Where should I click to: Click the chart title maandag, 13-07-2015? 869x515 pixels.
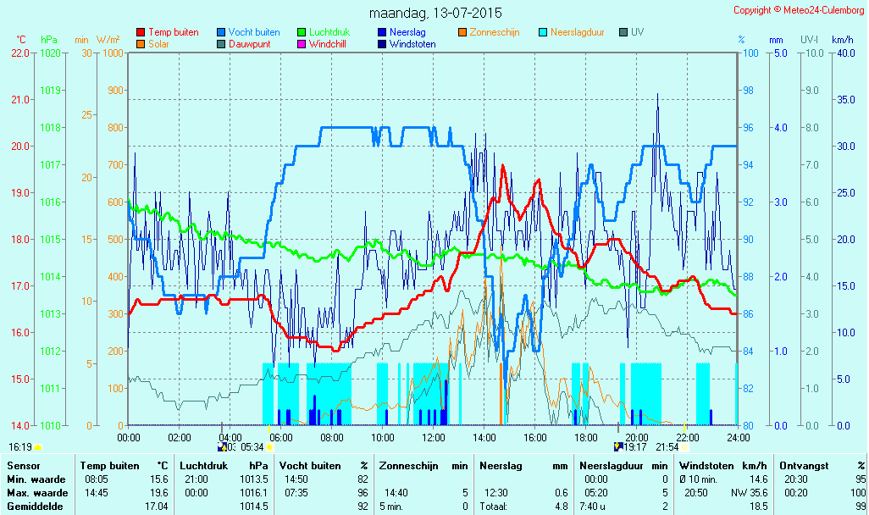(435, 13)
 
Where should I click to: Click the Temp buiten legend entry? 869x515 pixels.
(168, 32)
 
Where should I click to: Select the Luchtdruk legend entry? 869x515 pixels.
(324, 32)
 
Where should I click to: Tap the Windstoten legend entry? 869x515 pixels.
(407, 44)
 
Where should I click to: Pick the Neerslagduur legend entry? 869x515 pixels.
(572, 32)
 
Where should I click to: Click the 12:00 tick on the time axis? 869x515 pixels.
(434, 437)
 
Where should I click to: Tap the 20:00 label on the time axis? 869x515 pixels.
(637, 437)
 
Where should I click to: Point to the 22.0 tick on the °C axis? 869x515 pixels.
(20, 53)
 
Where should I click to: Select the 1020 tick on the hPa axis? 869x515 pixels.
(50, 53)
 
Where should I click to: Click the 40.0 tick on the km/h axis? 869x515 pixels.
(846, 53)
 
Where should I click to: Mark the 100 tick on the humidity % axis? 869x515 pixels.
(750, 53)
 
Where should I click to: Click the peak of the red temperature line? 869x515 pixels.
(502, 165)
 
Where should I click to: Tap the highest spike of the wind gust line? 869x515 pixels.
(658, 94)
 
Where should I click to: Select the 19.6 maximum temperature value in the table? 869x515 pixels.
(159, 493)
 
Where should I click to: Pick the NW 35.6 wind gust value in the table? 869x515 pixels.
(750, 493)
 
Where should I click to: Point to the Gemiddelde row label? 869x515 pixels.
(35, 507)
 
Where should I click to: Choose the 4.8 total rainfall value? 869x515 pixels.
(562, 507)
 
